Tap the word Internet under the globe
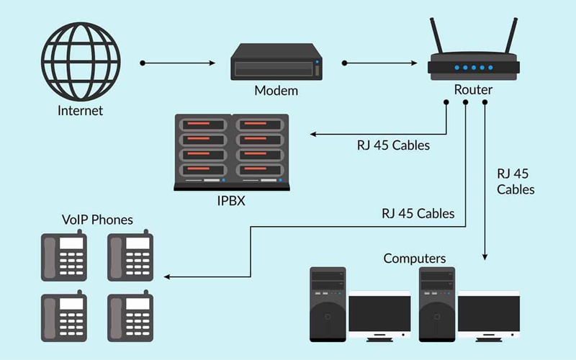80,111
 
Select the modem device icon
276,63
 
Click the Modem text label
276,91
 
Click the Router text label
473,90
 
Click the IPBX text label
231,200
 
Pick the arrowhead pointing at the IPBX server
312,135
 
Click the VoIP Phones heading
97,219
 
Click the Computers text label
415,258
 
